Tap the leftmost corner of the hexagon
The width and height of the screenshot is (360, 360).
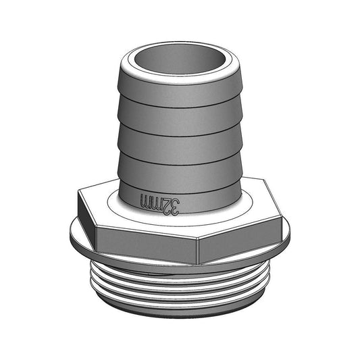tap(78, 192)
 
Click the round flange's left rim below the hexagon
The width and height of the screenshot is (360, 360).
tap(73, 236)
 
